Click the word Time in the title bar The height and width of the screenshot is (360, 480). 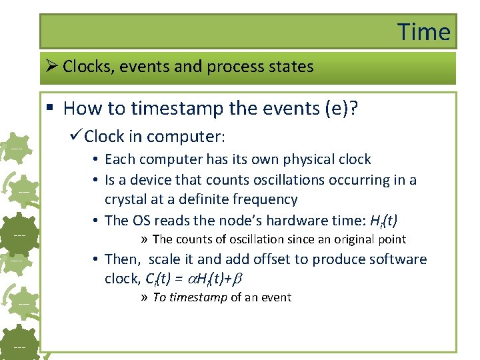(424, 32)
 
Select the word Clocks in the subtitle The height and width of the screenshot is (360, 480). (87, 67)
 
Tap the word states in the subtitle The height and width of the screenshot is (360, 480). (290, 67)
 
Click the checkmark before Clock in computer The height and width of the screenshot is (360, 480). (75, 137)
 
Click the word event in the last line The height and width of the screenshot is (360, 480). (275, 297)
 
